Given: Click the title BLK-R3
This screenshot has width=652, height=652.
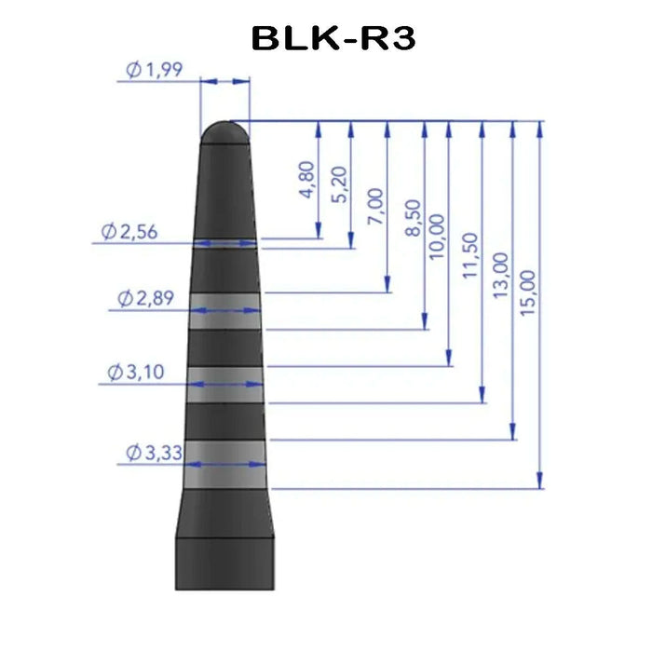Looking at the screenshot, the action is (333, 38).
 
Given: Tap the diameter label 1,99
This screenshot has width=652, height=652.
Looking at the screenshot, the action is (155, 70).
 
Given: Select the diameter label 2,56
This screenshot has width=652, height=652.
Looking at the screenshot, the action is (129, 232).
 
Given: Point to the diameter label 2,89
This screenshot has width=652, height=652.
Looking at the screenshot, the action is (145, 298).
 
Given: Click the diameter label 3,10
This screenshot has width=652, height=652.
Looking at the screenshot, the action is (136, 372).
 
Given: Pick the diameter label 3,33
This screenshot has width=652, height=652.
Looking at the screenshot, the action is (155, 453).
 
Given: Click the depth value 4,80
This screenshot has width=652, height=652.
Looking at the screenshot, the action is (306, 180).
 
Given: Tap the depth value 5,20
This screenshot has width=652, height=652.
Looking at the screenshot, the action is (339, 184).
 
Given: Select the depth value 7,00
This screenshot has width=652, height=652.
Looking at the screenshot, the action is (375, 207).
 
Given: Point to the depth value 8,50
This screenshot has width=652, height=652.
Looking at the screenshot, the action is (413, 218).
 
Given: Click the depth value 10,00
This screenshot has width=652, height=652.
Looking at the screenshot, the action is (437, 237).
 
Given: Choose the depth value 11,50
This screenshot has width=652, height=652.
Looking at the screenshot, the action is (470, 255).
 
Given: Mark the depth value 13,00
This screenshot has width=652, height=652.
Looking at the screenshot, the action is (501, 276).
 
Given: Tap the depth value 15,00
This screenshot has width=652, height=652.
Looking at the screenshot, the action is (528, 292).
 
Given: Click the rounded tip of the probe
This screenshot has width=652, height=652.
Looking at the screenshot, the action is (225, 132).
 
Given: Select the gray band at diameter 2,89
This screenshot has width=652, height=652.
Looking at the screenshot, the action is (225, 311).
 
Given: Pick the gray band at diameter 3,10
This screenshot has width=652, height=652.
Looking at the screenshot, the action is (225, 385).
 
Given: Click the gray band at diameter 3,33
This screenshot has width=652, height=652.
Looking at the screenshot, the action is (225, 465).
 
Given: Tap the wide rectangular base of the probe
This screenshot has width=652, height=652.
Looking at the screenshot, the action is (225, 564).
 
